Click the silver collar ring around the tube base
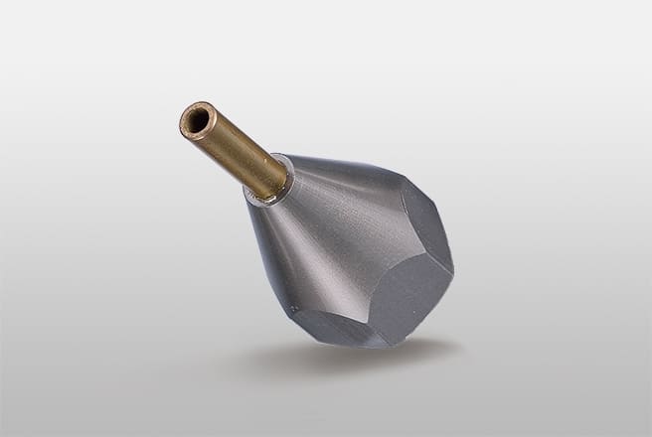279,190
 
